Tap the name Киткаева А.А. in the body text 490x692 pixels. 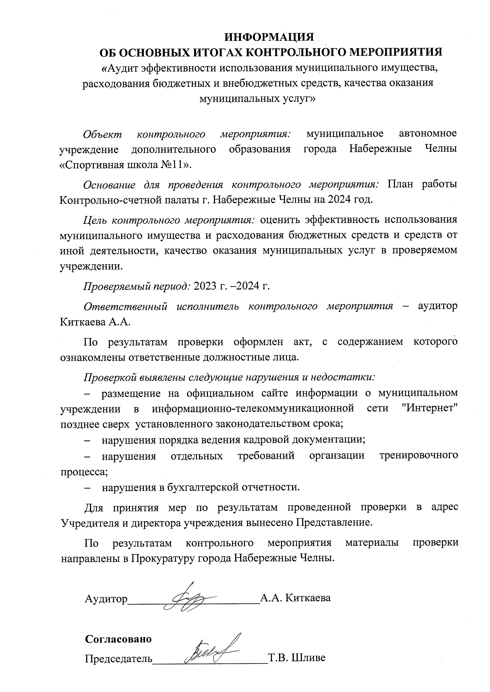pos(95,322)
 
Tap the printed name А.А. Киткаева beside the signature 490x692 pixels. pos(296,597)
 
